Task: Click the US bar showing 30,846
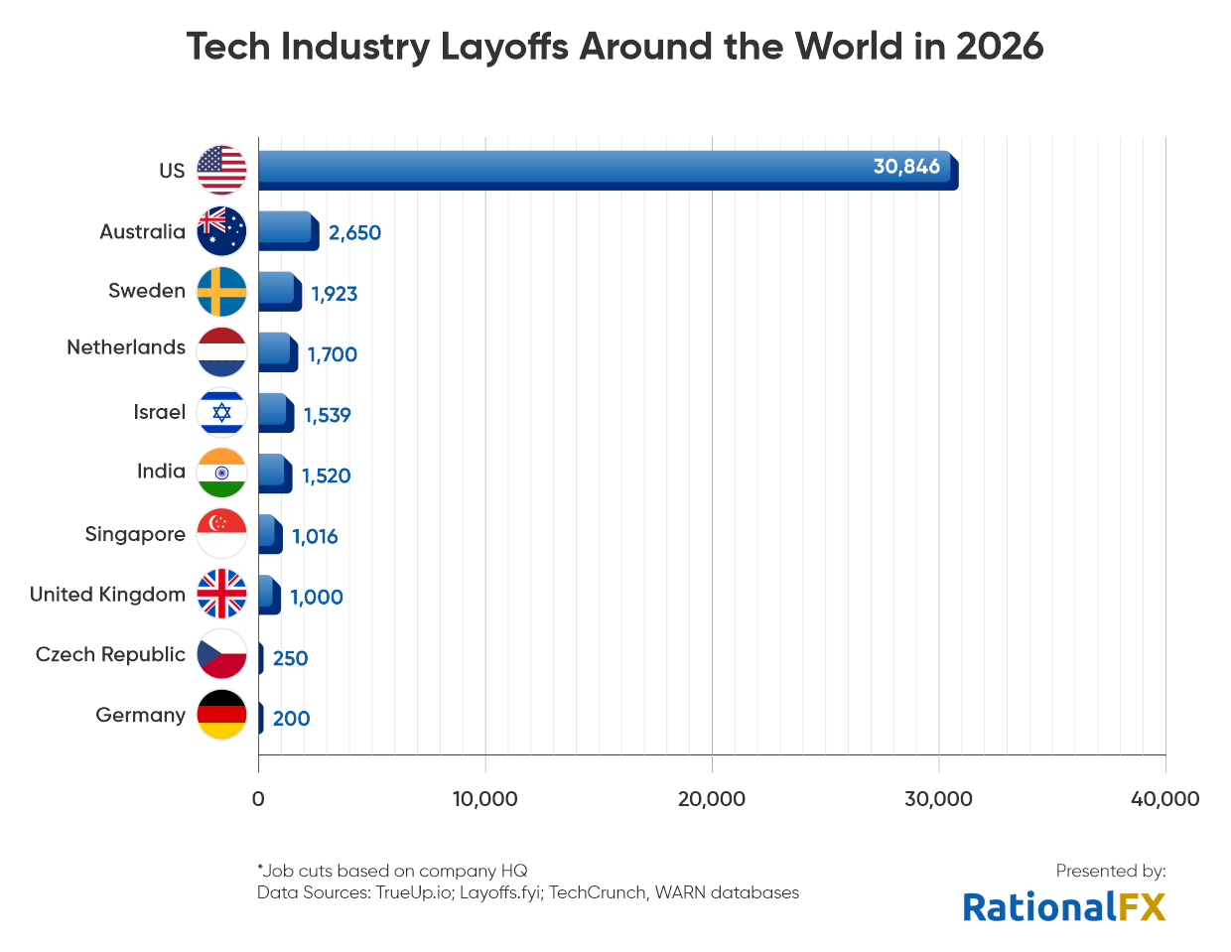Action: point(606,170)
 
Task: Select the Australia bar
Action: point(288,230)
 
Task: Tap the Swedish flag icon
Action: point(221,292)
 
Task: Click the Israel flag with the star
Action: point(221,413)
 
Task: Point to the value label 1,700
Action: point(332,354)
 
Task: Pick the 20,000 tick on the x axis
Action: point(711,799)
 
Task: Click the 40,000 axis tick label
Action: point(1164,799)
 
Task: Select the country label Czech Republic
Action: point(110,655)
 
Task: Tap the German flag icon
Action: point(221,715)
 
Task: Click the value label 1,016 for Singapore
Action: point(315,537)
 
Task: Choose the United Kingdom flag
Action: point(221,594)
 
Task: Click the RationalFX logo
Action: point(1063,907)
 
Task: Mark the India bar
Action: point(274,474)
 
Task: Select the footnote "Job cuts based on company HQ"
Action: point(393,871)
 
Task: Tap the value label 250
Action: point(290,658)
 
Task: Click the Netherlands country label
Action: point(126,347)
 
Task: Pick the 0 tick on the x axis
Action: point(258,799)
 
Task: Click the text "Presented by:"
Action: point(1110,871)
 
